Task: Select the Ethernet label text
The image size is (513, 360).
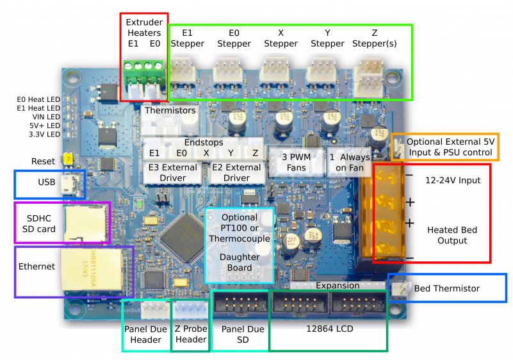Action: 37,266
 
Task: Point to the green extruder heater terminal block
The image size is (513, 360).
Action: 144,67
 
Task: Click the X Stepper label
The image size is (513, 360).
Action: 281,38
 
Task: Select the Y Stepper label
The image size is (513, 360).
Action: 327,38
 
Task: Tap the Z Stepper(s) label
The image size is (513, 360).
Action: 375,38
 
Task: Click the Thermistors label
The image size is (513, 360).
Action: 170,110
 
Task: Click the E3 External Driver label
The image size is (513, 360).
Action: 172,172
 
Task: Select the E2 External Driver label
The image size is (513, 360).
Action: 236,172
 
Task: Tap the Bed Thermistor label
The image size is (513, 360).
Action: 447,288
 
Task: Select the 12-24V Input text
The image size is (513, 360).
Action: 453,181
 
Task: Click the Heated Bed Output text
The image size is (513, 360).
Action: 452,235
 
